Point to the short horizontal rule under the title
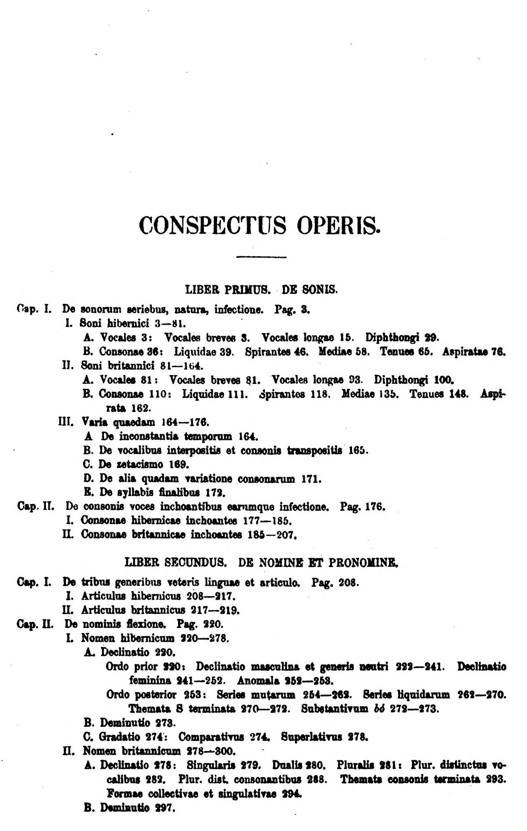tap(261, 257)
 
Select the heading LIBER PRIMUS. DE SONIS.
tap(261, 289)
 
